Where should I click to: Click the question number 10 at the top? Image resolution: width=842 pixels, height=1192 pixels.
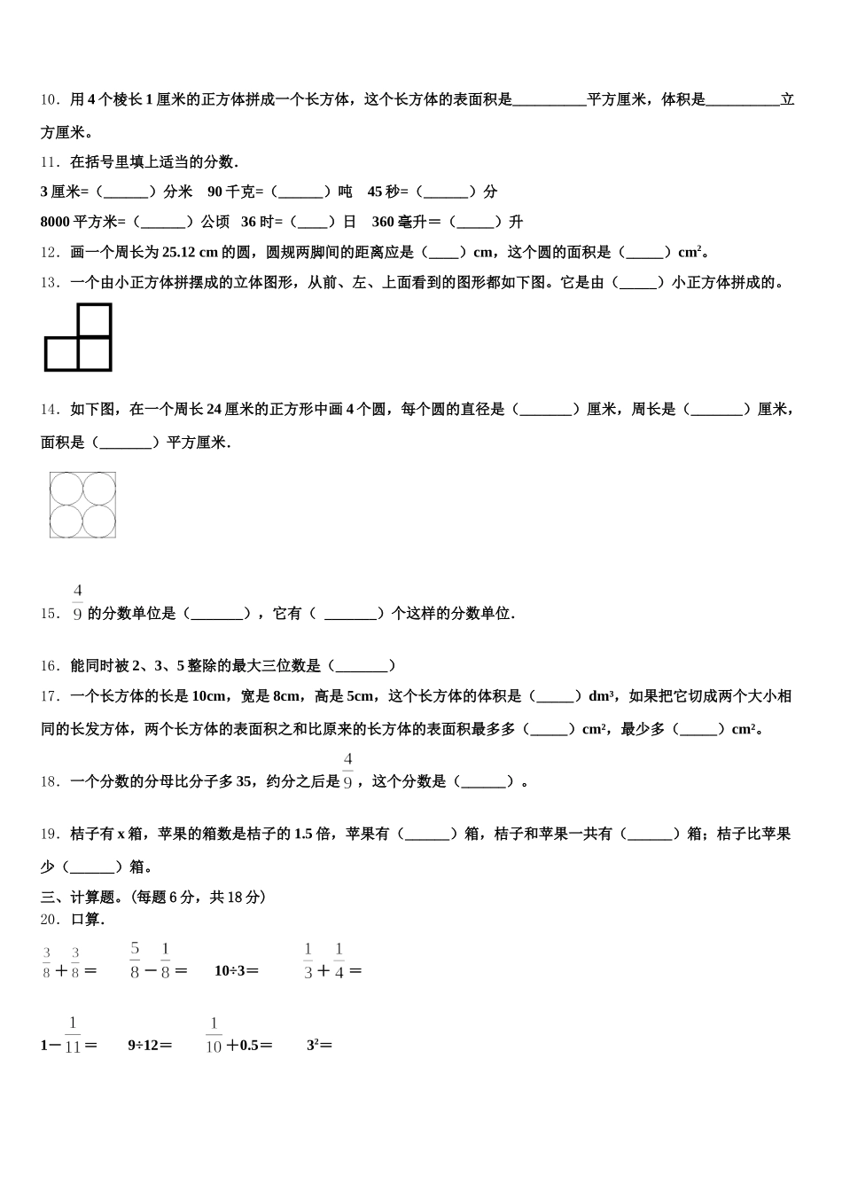click(50, 100)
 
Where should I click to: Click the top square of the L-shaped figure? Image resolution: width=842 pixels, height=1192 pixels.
click(95, 321)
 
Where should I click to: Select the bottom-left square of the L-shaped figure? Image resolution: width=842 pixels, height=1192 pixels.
click(61, 354)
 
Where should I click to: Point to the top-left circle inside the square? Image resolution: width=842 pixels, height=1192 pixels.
click(66, 489)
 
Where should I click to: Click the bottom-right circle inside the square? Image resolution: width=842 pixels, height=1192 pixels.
click(99, 521)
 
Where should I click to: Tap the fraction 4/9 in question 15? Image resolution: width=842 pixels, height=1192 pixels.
click(78, 602)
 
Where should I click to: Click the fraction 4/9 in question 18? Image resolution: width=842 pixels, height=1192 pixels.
click(347, 770)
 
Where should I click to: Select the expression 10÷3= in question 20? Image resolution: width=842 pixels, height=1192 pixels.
click(237, 970)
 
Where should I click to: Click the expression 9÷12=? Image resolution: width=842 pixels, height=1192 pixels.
click(150, 1046)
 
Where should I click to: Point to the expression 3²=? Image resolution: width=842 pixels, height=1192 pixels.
click(319, 1046)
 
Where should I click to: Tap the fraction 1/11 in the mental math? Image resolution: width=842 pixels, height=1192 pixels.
click(73, 1035)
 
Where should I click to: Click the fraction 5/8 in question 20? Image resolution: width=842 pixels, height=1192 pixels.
click(135, 960)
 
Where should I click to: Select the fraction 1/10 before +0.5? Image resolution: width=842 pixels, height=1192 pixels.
click(214, 1035)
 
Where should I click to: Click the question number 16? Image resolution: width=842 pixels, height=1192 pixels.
click(50, 666)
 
